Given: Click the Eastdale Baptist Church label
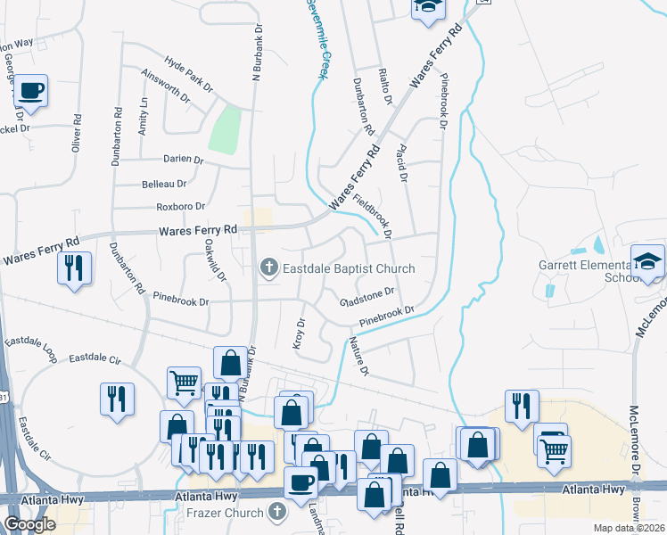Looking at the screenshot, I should [x=349, y=267].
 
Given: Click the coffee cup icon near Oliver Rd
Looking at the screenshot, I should [x=31, y=91].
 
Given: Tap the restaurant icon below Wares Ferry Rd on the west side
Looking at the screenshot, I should [x=74, y=267].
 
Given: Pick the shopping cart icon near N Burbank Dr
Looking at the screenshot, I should [x=184, y=383].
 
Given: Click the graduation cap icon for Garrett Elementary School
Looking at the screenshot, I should [x=648, y=261].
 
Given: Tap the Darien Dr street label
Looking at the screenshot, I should [x=184, y=160].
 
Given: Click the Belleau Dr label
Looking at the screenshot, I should [x=164, y=184].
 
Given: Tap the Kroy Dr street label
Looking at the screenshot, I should [x=300, y=333].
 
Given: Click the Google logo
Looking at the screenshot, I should [x=29, y=524].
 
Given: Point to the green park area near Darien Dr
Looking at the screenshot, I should [x=226, y=130].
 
